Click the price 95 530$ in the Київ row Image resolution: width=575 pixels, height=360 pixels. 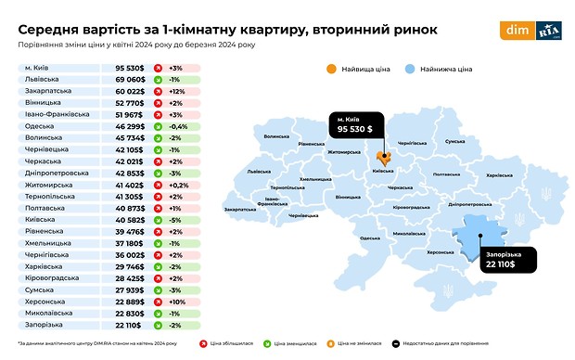[132, 69]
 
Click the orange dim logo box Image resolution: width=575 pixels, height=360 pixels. [515, 30]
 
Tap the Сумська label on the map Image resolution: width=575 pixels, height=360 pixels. [454, 142]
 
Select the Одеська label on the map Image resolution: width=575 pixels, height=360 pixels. [370, 238]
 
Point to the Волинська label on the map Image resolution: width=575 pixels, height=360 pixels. [276, 136]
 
